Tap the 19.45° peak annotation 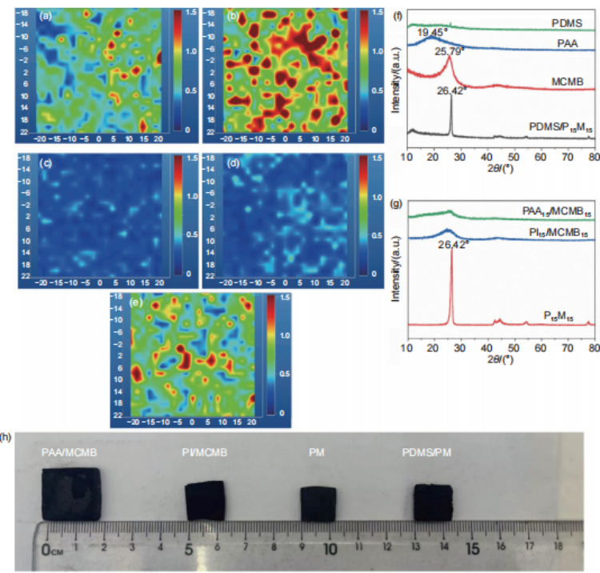pos(434,33)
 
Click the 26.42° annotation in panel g pos(453,246)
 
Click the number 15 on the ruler pos(472,551)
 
